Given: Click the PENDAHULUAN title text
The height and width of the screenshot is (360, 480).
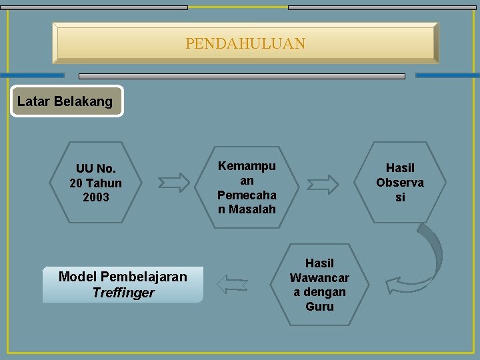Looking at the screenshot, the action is click(x=245, y=44).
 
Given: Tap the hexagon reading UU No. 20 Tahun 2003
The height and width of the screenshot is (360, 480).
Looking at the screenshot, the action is click(x=96, y=183).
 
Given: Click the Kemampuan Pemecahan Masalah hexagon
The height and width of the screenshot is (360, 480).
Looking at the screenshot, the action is click(x=247, y=187).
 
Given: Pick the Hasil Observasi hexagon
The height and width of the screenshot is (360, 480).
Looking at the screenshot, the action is click(x=400, y=183).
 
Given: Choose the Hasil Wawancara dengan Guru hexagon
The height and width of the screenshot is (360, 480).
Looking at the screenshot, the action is click(x=319, y=285).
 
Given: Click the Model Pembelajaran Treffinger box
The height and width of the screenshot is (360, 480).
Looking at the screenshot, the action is click(x=123, y=285).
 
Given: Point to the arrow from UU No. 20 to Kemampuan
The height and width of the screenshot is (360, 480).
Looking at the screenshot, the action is click(x=174, y=182).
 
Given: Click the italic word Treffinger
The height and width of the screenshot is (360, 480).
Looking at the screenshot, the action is click(x=123, y=293).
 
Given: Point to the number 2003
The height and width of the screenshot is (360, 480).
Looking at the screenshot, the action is click(x=96, y=197).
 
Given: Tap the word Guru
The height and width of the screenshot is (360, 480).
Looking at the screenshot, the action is click(x=319, y=307).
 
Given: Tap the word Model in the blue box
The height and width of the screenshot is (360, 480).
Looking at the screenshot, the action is click(x=76, y=277).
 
